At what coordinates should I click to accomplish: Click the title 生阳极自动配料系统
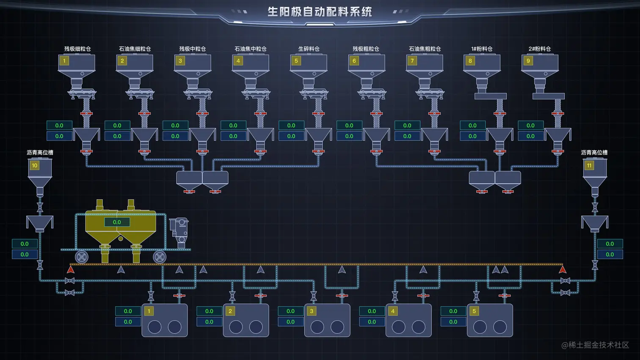[320, 12]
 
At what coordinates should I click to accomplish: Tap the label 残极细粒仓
[77, 49]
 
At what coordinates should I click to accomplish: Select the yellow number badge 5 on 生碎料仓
[296, 61]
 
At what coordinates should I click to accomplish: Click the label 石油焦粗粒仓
[425, 49]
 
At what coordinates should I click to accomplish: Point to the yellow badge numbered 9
[528, 61]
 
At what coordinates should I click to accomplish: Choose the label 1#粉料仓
[482, 49]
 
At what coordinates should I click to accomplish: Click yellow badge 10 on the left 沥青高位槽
[34, 165]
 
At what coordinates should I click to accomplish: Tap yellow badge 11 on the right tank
[589, 165]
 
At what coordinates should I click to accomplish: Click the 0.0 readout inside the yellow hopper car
[117, 222]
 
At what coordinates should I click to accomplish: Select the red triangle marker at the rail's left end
[71, 269]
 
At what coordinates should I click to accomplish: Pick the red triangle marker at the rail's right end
[563, 269]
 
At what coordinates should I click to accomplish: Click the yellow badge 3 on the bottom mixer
[312, 311]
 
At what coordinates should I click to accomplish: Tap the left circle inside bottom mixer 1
[154, 327]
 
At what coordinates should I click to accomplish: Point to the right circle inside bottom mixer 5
[500, 327]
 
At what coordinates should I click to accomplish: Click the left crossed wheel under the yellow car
[82, 256]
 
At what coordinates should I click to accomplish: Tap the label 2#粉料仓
[540, 49]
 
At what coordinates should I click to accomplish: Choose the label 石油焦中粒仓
[251, 49]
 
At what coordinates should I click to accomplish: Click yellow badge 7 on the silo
[412, 61]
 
